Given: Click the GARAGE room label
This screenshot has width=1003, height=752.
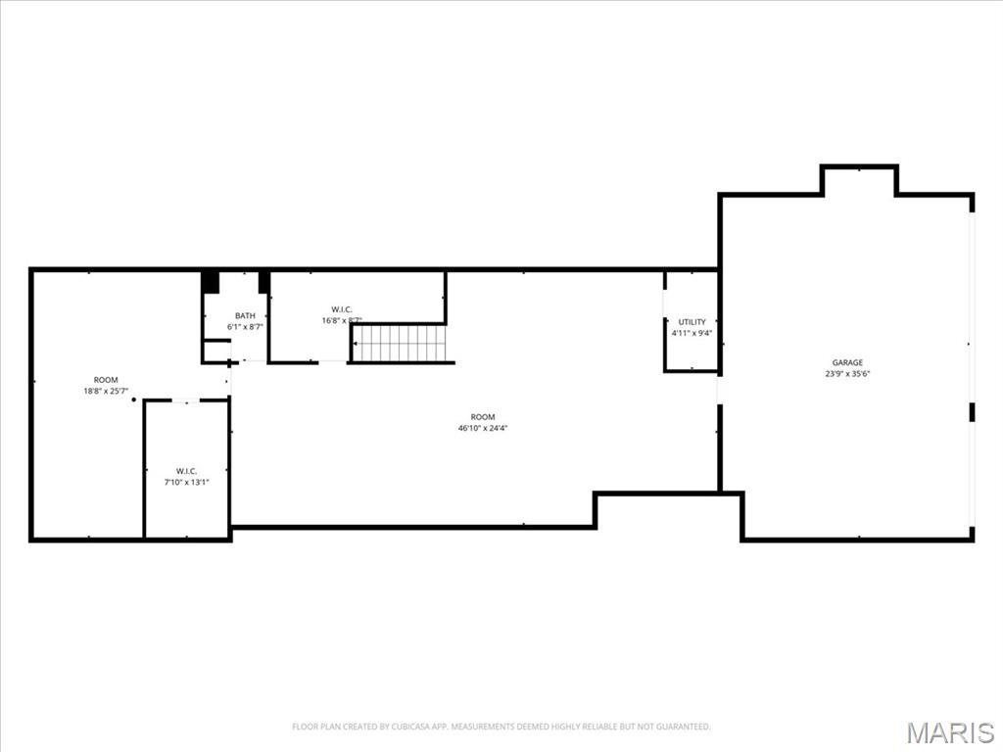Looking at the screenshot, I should (x=847, y=362).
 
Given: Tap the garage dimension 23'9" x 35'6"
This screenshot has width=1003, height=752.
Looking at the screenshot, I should (x=847, y=374).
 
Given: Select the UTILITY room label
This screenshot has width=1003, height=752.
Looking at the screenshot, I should (x=692, y=321).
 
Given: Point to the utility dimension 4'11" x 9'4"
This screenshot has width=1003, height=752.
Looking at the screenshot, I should (x=692, y=333).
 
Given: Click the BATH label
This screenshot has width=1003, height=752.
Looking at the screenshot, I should (x=245, y=315).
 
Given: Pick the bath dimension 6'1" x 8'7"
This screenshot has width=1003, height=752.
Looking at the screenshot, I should (x=245, y=327).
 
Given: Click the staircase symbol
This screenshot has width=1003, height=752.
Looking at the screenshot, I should (x=402, y=344).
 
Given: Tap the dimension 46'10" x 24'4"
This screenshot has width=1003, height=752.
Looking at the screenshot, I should (x=483, y=428).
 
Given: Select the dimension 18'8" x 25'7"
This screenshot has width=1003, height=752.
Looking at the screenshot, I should (x=106, y=392).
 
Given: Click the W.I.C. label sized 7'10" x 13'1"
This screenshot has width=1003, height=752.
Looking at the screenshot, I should (x=186, y=471).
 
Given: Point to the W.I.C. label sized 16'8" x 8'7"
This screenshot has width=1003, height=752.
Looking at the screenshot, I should (x=342, y=309).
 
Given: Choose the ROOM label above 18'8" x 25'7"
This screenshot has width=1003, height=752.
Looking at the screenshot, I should (x=106, y=380).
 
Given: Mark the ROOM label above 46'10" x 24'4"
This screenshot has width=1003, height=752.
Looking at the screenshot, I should (x=483, y=416).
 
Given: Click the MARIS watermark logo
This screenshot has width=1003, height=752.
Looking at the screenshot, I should (x=950, y=732).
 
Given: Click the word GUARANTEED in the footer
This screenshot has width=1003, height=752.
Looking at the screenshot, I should (x=681, y=727).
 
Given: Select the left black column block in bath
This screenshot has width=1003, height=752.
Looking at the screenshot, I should (x=210, y=282).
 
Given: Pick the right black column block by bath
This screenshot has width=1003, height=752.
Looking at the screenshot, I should (x=263, y=282).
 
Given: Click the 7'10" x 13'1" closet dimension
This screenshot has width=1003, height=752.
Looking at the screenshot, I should (x=186, y=483).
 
